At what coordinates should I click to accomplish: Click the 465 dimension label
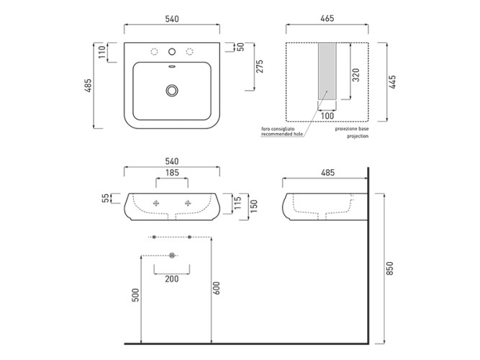tap(327, 19)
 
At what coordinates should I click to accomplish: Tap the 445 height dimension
tap(392, 82)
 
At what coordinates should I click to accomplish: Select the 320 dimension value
tap(356, 75)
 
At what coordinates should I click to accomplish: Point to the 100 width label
tap(327, 116)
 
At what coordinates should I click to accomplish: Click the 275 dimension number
tap(260, 66)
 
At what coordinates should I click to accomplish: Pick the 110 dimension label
tap(102, 52)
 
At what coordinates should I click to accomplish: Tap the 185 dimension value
tap(172, 173)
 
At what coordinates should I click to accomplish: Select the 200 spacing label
tap(172, 279)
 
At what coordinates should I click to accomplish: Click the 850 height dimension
tap(389, 269)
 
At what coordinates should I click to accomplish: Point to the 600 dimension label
tap(216, 288)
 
